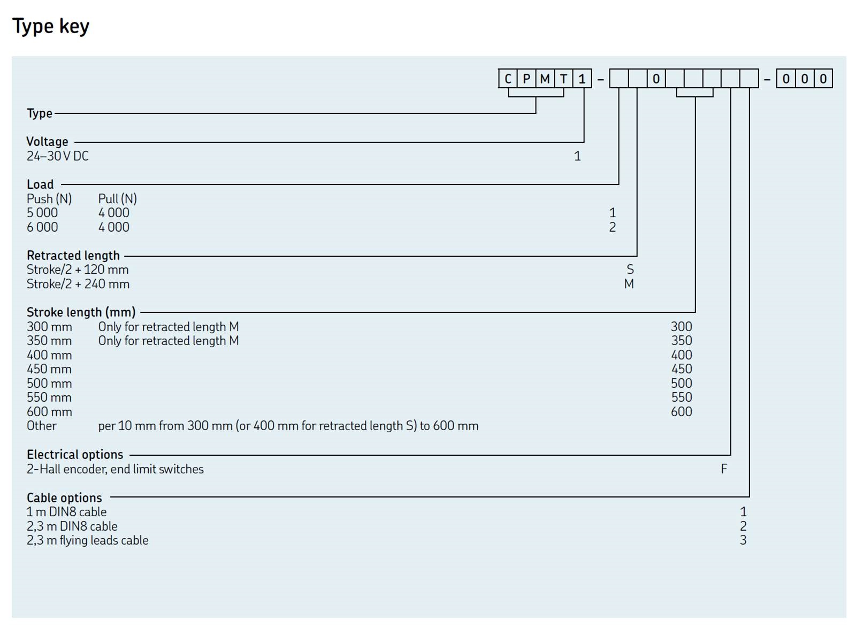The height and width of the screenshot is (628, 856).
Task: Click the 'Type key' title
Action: (x=51, y=26)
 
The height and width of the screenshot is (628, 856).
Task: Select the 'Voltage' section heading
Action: (x=48, y=142)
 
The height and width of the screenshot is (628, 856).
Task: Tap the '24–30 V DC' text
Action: (x=58, y=156)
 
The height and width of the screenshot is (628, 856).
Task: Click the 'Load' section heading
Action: (x=40, y=185)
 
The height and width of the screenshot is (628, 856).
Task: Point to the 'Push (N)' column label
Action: (x=49, y=199)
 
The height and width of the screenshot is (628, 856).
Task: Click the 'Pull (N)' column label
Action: (x=118, y=199)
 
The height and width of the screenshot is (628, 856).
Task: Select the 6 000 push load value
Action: (x=42, y=227)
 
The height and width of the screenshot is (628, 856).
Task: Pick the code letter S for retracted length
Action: (x=630, y=270)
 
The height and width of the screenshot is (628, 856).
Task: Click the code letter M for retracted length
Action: (x=629, y=284)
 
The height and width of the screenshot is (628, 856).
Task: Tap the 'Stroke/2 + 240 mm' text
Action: (x=78, y=284)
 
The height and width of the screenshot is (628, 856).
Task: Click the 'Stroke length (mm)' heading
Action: (x=81, y=312)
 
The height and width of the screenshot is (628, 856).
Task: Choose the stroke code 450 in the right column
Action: (x=682, y=369)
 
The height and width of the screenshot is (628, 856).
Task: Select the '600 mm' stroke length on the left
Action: (x=49, y=412)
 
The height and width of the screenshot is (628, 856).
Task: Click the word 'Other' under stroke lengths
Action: (x=42, y=426)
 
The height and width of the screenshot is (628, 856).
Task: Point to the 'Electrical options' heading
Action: (x=75, y=455)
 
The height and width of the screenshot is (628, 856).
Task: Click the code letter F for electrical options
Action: (x=724, y=469)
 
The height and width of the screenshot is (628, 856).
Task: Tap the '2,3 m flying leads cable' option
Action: (x=88, y=540)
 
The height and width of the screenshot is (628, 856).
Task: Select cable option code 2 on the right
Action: (x=743, y=526)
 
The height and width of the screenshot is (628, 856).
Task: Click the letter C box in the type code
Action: (x=508, y=79)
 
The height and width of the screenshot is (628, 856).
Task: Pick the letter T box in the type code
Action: (x=563, y=79)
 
